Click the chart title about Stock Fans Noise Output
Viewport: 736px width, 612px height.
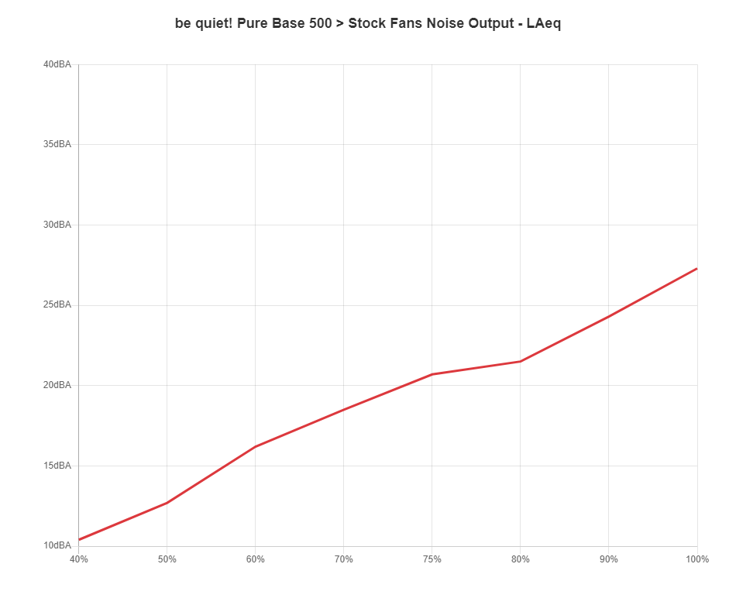(367, 23)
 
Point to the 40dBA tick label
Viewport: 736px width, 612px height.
(57, 64)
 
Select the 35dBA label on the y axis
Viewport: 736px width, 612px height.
(57, 144)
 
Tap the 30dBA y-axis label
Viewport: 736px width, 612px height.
(57, 225)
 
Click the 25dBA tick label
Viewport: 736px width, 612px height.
(57, 304)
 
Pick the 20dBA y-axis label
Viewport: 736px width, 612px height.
(57, 385)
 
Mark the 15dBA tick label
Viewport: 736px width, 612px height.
(57, 466)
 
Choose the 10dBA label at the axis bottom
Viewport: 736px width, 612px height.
(57, 545)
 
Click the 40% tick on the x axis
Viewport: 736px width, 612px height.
(79, 559)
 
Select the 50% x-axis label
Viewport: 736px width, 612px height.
(167, 559)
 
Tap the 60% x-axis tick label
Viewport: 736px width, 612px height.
(256, 559)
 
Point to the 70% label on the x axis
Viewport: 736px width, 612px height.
(344, 559)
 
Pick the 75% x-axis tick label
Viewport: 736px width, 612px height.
(432, 559)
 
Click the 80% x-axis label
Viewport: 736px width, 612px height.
(521, 559)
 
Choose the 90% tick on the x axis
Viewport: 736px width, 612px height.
(609, 559)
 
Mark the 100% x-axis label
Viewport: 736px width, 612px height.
(697, 559)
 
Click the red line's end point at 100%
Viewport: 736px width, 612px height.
(696, 269)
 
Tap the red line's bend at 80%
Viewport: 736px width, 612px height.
(521, 361)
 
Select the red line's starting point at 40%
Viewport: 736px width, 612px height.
(80, 539)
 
